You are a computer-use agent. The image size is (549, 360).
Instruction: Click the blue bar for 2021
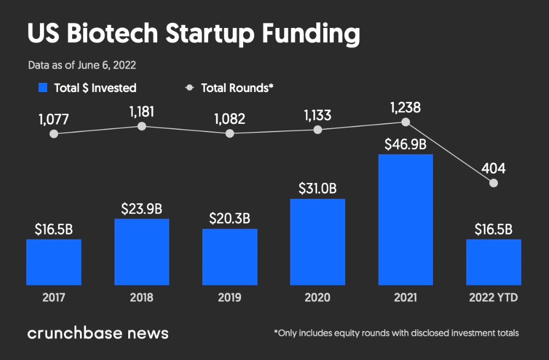point(405,219)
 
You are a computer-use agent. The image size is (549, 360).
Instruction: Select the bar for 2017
point(54,262)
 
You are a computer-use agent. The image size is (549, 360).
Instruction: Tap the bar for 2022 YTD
point(494,262)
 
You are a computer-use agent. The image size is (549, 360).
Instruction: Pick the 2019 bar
point(230,256)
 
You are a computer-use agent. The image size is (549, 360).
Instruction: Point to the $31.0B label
point(317,188)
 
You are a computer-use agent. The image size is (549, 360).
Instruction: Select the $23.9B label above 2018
point(142,208)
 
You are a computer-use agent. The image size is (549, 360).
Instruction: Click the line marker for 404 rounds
point(494,183)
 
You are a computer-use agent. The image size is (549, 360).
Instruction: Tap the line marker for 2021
point(405,122)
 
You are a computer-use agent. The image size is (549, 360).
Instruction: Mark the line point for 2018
point(142,126)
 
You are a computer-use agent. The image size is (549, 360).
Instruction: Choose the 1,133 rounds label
point(317,115)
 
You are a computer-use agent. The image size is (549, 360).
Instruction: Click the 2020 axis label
point(317,298)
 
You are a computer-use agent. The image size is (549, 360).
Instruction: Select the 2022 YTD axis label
point(494,298)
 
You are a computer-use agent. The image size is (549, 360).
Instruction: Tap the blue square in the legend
point(43,88)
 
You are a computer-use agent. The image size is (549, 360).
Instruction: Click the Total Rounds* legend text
point(237,88)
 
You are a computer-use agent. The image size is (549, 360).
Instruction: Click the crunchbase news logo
point(98,333)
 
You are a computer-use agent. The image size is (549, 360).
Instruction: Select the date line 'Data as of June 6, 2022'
point(82,65)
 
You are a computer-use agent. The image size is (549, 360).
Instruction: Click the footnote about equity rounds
point(396,333)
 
